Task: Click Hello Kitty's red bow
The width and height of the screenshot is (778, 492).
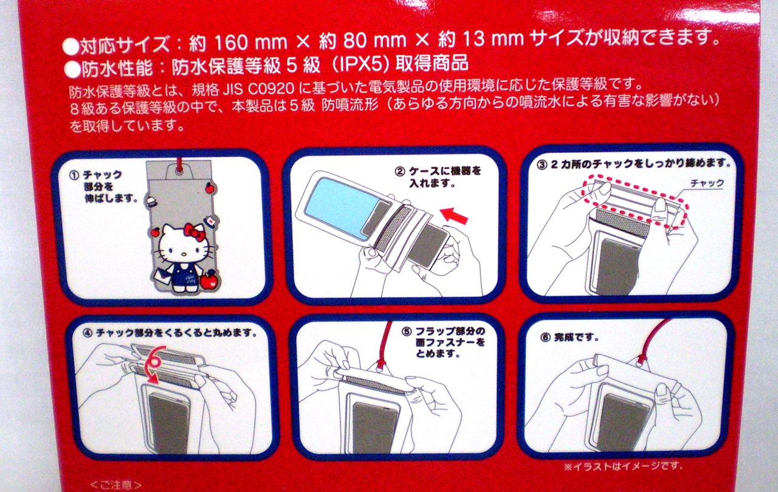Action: (x=195, y=232)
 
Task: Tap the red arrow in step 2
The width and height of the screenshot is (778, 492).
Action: (x=454, y=216)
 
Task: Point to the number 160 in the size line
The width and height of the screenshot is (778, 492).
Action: (x=232, y=43)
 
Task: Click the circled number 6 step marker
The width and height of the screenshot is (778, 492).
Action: (x=546, y=338)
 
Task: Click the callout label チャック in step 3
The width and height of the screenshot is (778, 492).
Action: (x=707, y=183)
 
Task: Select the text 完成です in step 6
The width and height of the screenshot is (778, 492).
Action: (x=577, y=337)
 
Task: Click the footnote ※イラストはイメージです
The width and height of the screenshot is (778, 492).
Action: (x=624, y=466)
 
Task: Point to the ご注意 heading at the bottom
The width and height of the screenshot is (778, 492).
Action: (x=115, y=485)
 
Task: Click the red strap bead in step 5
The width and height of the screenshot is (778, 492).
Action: (x=380, y=364)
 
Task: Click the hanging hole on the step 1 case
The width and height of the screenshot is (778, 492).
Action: (x=179, y=170)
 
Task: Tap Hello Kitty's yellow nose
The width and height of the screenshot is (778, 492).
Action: (x=184, y=254)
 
